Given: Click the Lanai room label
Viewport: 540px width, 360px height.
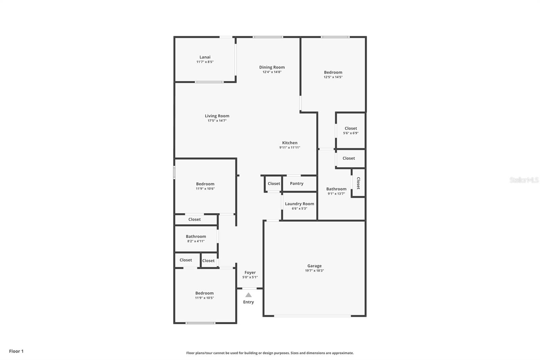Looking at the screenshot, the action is (205, 57).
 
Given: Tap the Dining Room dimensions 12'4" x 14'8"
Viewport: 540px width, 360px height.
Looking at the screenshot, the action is (272, 72).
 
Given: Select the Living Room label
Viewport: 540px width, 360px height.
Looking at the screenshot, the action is (217, 116).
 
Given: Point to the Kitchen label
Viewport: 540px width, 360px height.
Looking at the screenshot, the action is (290, 143).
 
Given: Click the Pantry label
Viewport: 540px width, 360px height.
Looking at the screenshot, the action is (297, 184).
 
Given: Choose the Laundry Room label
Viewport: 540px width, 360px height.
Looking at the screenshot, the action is (299, 204).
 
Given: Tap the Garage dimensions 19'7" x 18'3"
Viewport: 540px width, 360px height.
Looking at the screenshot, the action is (314, 271).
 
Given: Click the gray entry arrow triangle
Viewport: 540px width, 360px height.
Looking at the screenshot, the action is (248, 295).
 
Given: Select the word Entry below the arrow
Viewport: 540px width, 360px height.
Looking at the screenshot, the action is (248, 302).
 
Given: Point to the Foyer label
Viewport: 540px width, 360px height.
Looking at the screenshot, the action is (250, 273).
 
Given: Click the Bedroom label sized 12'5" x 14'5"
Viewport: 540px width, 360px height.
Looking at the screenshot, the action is (333, 72).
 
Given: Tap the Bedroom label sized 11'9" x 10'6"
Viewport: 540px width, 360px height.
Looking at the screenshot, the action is (205, 184).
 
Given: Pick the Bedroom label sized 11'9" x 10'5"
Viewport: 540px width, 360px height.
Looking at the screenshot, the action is (205, 293).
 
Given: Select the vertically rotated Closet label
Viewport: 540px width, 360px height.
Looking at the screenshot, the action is (358, 183).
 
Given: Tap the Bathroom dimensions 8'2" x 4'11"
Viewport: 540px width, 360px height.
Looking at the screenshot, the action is (196, 241).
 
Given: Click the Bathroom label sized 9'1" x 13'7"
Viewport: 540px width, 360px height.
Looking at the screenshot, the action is (336, 189).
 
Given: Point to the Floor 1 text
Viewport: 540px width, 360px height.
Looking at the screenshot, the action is (17, 351).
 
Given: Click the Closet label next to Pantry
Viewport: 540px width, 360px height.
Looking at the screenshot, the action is (274, 184).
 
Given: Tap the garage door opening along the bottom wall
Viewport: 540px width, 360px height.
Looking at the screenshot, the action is (313, 316).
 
